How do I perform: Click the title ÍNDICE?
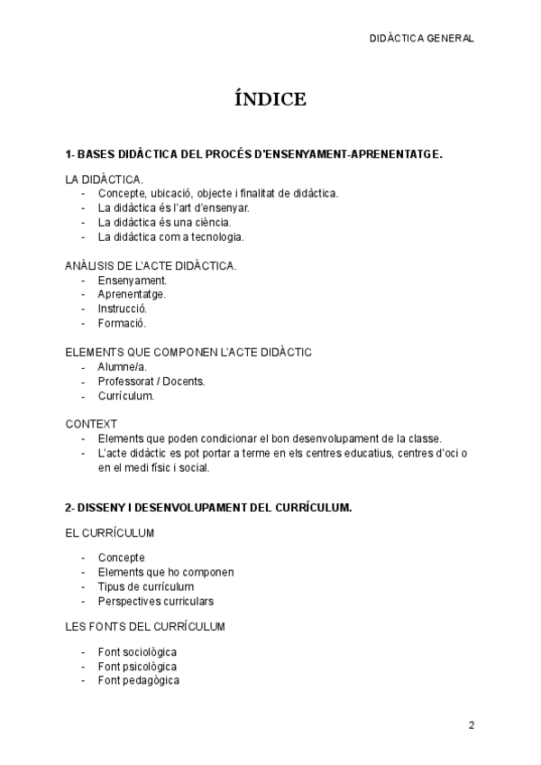[270, 99]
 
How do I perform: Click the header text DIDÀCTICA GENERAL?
[421, 39]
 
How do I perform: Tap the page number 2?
[471, 724]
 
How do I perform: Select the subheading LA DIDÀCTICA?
[104, 180]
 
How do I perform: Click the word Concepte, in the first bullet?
[122, 194]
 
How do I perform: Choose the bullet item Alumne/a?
[122, 367]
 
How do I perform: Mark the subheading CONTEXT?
[91, 423]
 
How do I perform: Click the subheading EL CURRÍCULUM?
[110, 533]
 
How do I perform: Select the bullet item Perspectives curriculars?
[155, 601]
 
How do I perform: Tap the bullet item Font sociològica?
[137, 651]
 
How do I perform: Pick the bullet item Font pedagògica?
[138, 680]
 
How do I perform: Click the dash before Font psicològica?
[83, 666]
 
